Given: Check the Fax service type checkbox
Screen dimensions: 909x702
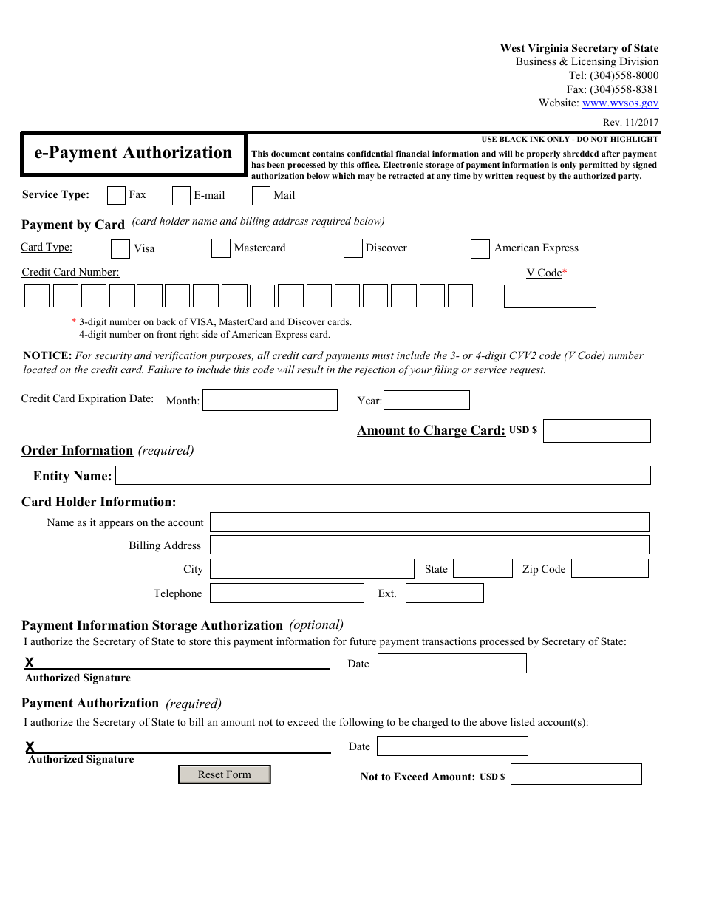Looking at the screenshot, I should pyautogui.click(x=116, y=195).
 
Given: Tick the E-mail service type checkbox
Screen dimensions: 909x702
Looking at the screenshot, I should pyautogui.click(x=181, y=196).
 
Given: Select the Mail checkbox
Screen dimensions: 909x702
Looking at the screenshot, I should pyautogui.click(x=261, y=196).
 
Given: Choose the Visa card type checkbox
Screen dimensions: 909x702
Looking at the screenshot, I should pyautogui.click(x=120, y=249).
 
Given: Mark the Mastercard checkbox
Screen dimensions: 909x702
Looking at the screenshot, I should pyautogui.click(x=220, y=248).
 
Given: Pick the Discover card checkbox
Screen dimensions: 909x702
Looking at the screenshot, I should pyautogui.click(x=352, y=248).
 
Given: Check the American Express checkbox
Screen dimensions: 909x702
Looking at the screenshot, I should pyautogui.click(x=480, y=249).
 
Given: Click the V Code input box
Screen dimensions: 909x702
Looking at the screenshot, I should pyautogui.click(x=549, y=296).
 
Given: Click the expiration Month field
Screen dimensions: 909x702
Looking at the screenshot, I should pyautogui.click(x=270, y=401).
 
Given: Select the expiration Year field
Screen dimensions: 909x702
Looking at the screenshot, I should pyautogui.click(x=426, y=401).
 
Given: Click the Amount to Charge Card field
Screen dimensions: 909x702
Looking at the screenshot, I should pyautogui.click(x=596, y=431).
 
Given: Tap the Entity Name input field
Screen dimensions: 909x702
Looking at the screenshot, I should pyautogui.click(x=383, y=475).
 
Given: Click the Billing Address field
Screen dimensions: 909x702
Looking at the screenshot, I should pyautogui.click(x=429, y=545).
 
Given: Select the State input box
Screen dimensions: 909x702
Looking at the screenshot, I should pyautogui.click(x=483, y=568).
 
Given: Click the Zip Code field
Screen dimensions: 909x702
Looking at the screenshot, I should pyautogui.click(x=610, y=568).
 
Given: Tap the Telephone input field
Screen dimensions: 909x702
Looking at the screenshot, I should pyautogui.click(x=287, y=593).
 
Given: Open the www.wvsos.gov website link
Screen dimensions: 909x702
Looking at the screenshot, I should pyautogui.click(x=620, y=103).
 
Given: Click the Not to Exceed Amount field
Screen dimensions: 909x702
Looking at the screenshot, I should pyautogui.click(x=576, y=774).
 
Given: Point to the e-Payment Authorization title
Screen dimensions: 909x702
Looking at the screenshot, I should pyautogui.click(x=133, y=153).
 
